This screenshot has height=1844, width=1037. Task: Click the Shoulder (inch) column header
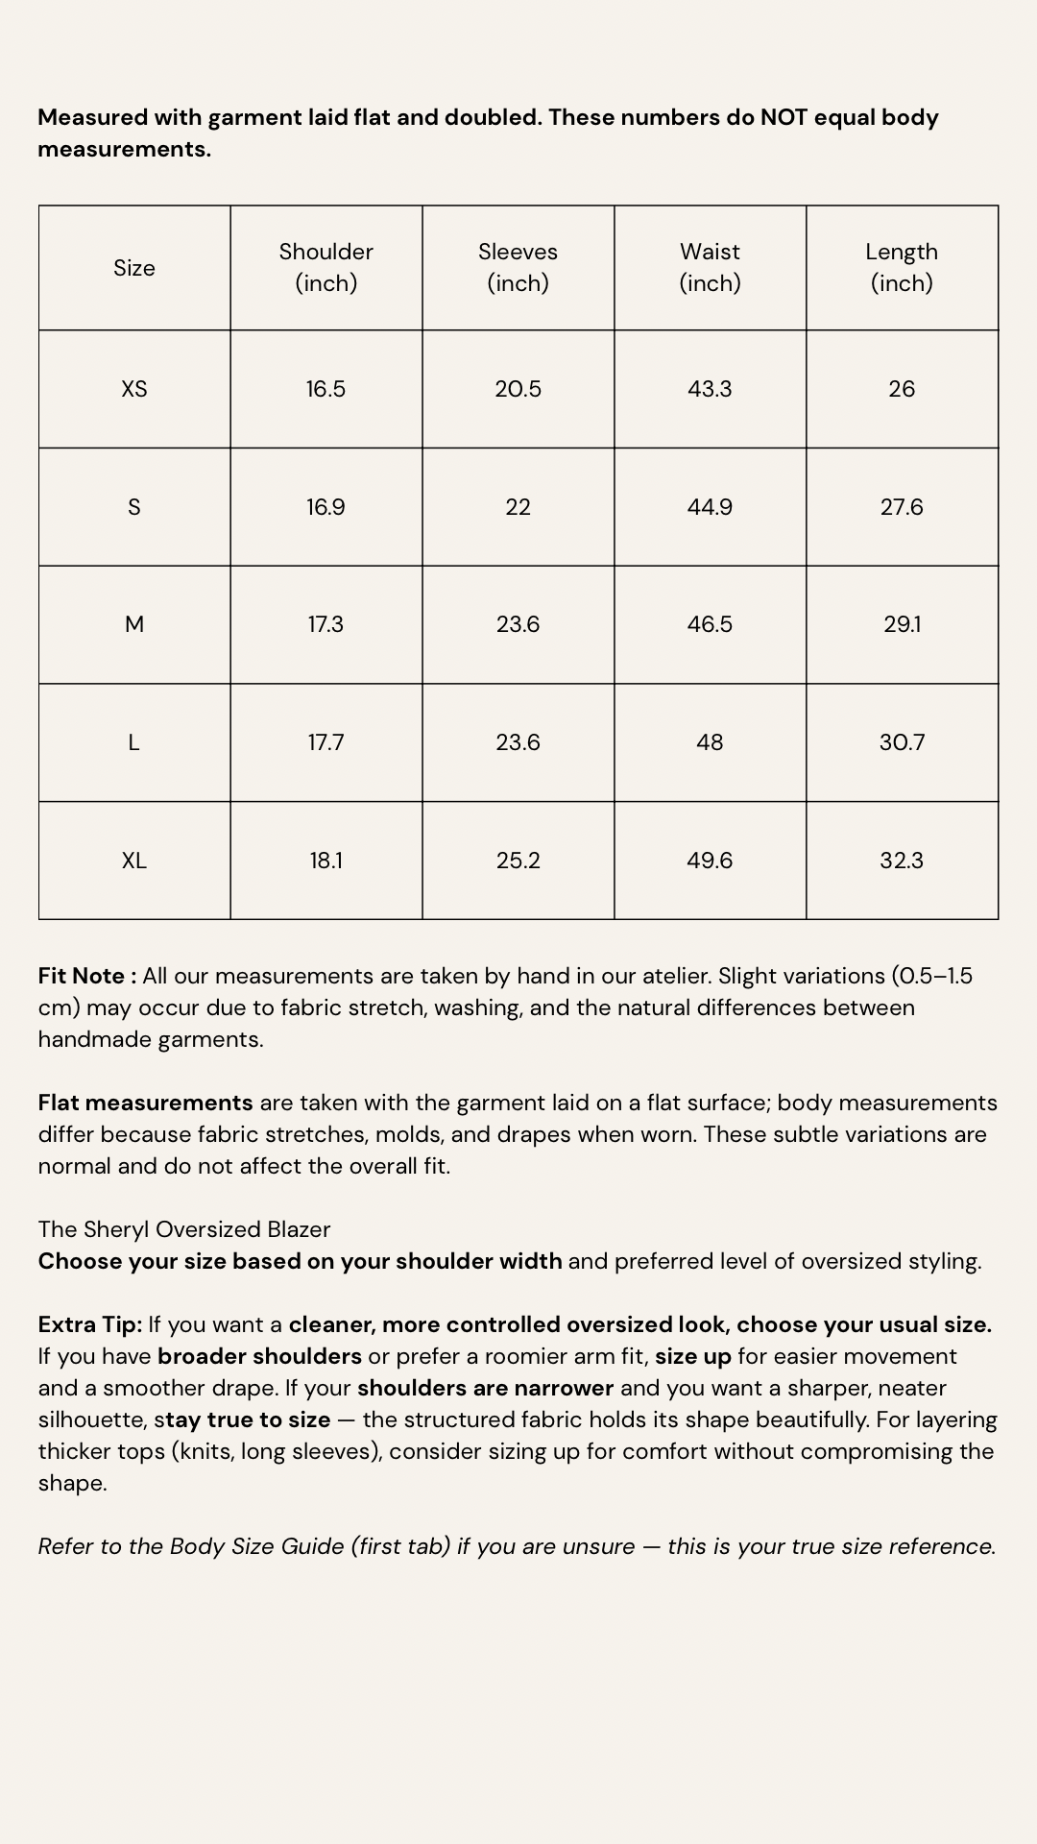pyautogui.click(x=326, y=267)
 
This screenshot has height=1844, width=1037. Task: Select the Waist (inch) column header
pyautogui.click(x=710, y=267)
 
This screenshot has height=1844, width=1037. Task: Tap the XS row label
pyautogui.click(x=134, y=389)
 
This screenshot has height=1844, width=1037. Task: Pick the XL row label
pyautogui.click(x=134, y=861)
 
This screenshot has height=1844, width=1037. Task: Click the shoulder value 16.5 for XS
pyautogui.click(x=326, y=389)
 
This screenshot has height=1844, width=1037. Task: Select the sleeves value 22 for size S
pyautogui.click(x=518, y=507)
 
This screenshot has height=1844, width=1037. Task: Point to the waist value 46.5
pyautogui.click(x=710, y=624)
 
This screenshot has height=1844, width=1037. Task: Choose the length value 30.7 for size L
pyautogui.click(x=902, y=742)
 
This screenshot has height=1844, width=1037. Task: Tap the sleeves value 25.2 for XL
pyautogui.click(x=518, y=861)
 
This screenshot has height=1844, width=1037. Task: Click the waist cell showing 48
pyautogui.click(x=710, y=742)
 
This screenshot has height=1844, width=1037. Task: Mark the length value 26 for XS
pyautogui.click(x=902, y=389)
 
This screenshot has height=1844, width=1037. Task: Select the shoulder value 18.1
pyautogui.click(x=326, y=861)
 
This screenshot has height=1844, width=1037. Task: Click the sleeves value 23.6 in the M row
pyautogui.click(x=518, y=624)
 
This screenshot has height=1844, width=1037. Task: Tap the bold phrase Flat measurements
pyautogui.click(x=145, y=1103)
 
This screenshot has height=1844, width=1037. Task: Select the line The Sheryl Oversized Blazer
pyautogui.click(x=184, y=1229)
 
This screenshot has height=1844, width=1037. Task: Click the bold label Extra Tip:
pyautogui.click(x=90, y=1324)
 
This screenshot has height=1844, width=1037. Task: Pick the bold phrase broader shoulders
pyautogui.click(x=259, y=1356)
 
